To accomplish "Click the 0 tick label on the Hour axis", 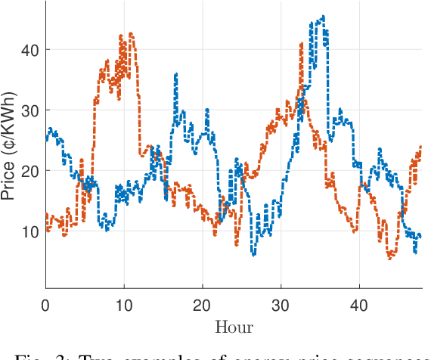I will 45,305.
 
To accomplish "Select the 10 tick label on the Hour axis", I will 124,305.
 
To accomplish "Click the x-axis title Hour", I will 234,327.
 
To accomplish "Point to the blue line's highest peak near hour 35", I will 323,16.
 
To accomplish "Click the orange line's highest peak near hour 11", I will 131,33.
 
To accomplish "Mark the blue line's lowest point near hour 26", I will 254,255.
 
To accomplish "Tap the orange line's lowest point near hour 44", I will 390,258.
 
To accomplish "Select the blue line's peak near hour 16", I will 176,74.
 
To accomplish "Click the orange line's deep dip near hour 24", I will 237,245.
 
